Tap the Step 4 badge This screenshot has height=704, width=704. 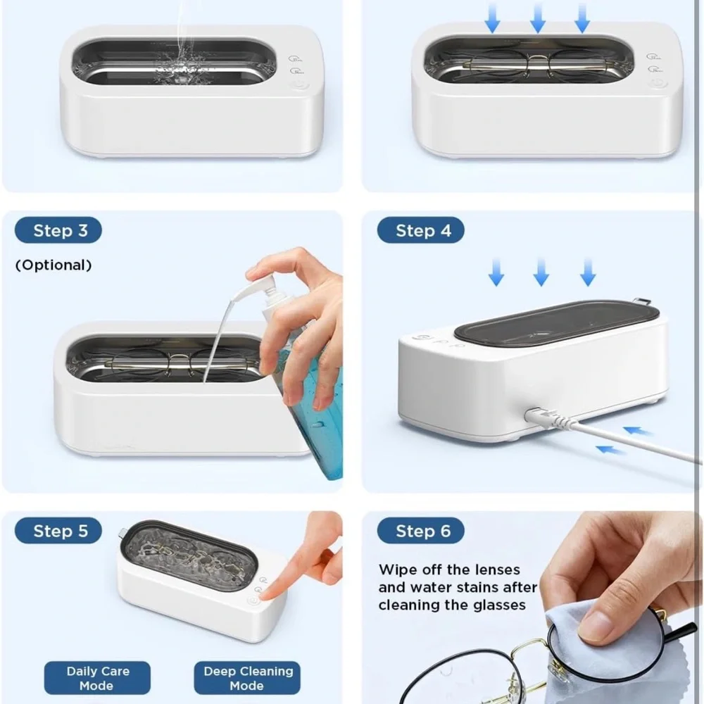tap(420, 231)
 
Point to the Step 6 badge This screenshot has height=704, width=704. tap(420, 531)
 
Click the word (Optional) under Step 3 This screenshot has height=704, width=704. tap(54, 265)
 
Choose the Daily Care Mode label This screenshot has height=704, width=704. tap(97, 679)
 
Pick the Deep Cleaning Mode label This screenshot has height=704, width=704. tap(248, 679)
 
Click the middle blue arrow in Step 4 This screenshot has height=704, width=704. tap(541, 272)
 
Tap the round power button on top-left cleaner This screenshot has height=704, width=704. tap(298, 86)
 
